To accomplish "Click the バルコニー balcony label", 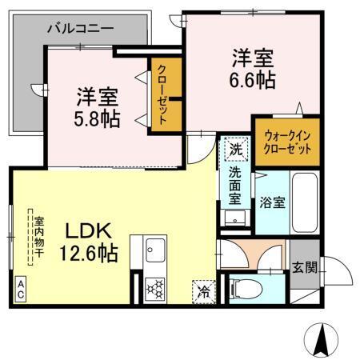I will pyautogui.click(x=80, y=28).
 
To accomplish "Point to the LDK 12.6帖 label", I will pyautogui.click(x=89, y=242).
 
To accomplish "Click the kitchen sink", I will pyautogui.click(x=154, y=252).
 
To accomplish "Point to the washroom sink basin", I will pyautogui.click(x=236, y=218).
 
